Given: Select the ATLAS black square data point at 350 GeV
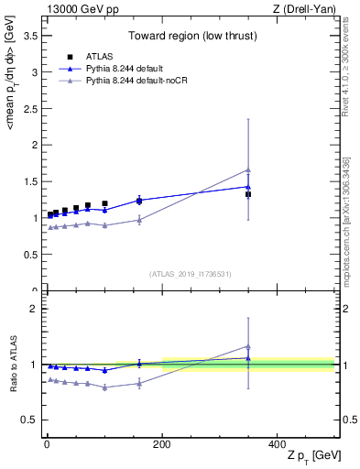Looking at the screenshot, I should coord(248,194).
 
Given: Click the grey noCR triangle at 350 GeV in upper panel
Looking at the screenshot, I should coord(248,169).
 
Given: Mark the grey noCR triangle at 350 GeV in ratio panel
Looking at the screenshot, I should coord(248,346).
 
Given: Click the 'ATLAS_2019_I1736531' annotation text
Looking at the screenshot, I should coord(190,273).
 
